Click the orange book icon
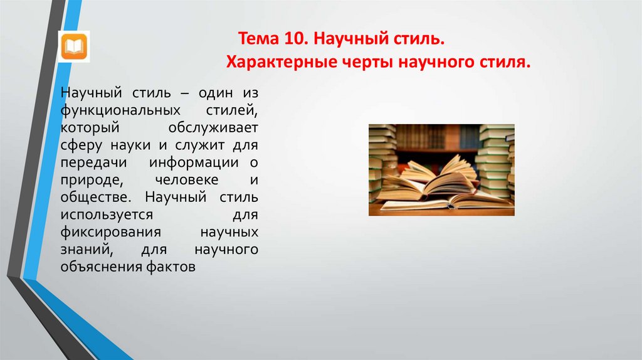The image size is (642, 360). click(x=74, y=46)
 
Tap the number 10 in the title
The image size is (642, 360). click(x=292, y=40)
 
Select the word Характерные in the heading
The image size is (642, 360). click(x=273, y=62)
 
